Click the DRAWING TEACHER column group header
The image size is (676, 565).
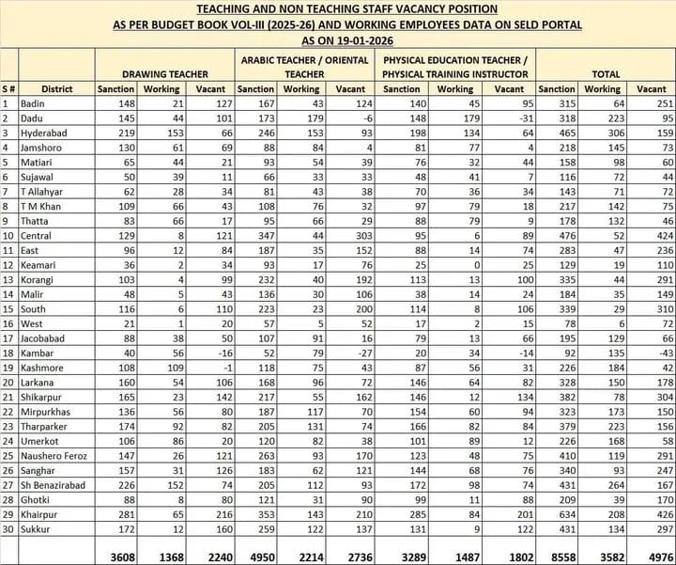point(164,72)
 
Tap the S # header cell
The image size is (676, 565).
point(8,89)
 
